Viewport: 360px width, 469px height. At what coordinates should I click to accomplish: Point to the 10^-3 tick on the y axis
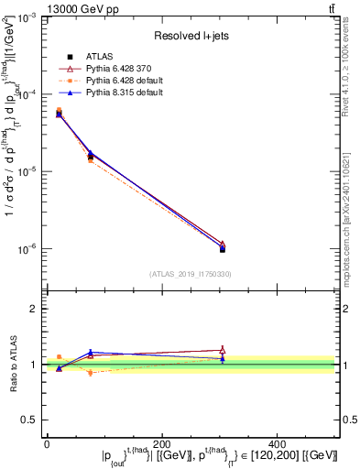27,18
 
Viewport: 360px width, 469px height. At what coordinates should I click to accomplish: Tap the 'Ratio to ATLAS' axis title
10,365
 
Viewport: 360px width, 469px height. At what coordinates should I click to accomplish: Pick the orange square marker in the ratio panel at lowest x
60,357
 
